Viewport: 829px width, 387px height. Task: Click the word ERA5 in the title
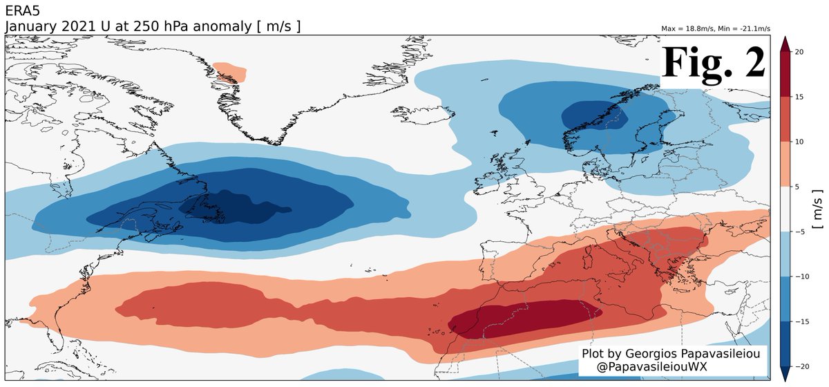[x=21, y=10]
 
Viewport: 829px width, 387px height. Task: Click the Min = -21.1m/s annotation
[x=745, y=29]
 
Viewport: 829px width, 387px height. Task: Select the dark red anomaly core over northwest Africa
[x=525, y=318]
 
